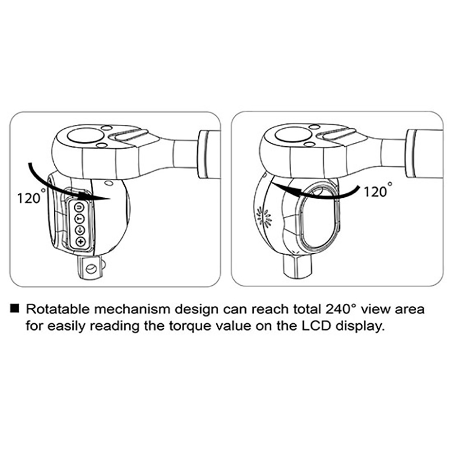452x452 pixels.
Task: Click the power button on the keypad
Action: tap(79, 207)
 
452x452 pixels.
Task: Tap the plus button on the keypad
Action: tap(80, 242)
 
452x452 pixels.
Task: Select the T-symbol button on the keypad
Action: tap(80, 219)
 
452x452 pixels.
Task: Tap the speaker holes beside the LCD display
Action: tap(265, 216)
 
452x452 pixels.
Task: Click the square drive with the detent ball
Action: tap(91, 268)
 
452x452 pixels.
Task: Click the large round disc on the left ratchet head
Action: tap(85, 136)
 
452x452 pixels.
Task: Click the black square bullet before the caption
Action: tap(15, 308)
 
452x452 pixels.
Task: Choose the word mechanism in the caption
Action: tap(133, 309)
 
